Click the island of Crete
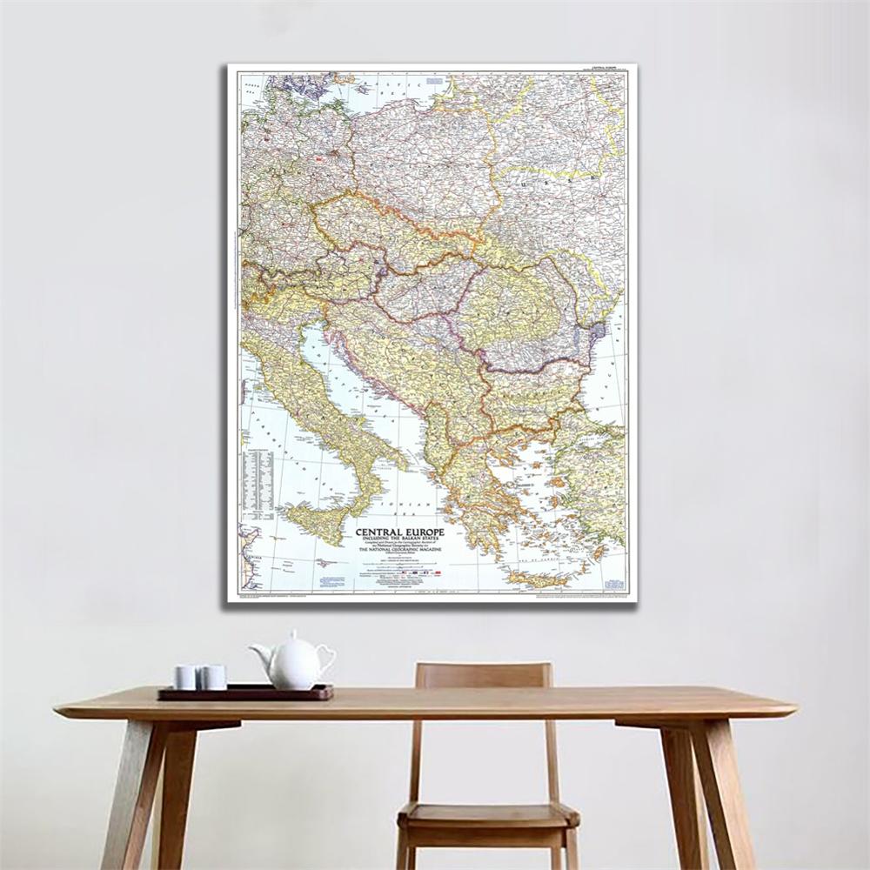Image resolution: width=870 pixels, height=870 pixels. (x=536, y=578)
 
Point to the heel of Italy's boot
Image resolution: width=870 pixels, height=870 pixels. (x=397, y=456)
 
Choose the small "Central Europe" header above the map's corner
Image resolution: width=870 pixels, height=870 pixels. (x=606, y=67)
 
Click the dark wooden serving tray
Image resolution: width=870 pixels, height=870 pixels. (x=245, y=693)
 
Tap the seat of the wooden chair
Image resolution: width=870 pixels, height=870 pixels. (x=487, y=814)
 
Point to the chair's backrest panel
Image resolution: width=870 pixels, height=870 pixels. (x=483, y=677)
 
